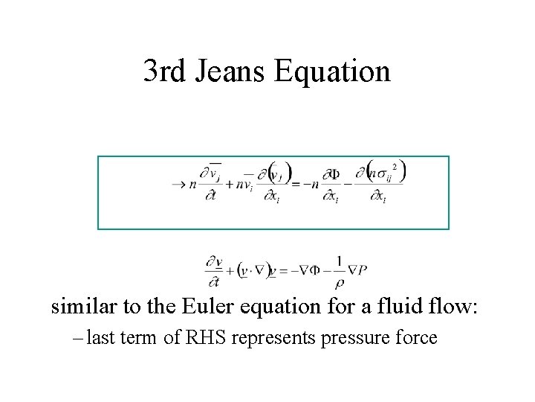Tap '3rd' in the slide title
(162, 71)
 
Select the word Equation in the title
(332, 71)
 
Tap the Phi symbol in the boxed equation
(333, 174)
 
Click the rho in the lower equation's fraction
(339, 282)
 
